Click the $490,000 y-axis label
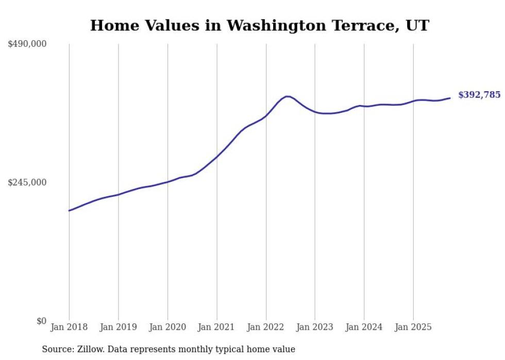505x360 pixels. pyautogui.click(x=27, y=44)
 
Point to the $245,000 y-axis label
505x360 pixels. pyautogui.click(x=27, y=182)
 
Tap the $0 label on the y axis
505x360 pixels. pyautogui.click(x=41, y=321)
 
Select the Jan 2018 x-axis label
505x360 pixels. pyautogui.click(x=69, y=327)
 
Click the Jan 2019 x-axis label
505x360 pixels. pyautogui.click(x=118, y=327)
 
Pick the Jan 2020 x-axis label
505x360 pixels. pyautogui.click(x=167, y=327)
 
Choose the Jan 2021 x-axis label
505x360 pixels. pyautogui.click(x=216, y=327)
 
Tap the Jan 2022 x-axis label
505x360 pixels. pyautogui.click(x=266, y=327)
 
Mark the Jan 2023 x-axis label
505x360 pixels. pyautogui.click(x=315, y=327)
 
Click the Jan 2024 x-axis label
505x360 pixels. pyautogui.click(x=364, y=327)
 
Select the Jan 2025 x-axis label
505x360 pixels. pyautogui.click(x=413, y=327)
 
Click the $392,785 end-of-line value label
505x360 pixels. pyautogui.click(x=479, y=95)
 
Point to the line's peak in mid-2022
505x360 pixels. pyautogui.click(x=288, y=96)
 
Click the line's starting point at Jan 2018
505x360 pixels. pyautogui.click(x=69, y=210)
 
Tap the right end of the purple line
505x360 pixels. pyautogui.click(x=450, y=98)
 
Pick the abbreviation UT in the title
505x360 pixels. pyautogui.click(x=418, y=25)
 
